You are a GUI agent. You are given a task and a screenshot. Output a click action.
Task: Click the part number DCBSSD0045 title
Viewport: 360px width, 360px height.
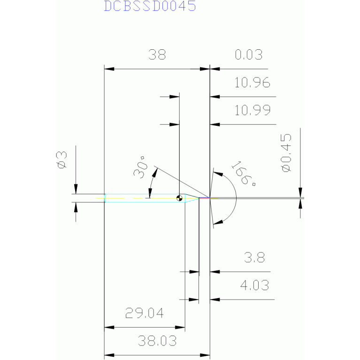point(150,6)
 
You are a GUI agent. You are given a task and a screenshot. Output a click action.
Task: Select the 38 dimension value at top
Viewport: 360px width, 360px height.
point(157,55)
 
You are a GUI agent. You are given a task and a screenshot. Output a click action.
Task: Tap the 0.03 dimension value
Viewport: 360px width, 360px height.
point(249,55)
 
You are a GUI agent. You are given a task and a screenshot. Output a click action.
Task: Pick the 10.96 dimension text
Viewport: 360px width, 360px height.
point(253,83)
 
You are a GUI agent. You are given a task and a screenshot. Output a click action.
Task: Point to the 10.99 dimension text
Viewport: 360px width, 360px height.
point(253,110)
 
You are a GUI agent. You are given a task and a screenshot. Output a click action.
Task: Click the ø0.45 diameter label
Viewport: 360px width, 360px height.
point(286,153)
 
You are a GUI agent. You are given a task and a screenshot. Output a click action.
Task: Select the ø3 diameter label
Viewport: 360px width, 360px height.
point(62,160)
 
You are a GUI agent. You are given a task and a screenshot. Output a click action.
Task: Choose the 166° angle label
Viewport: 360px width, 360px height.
point(244,174)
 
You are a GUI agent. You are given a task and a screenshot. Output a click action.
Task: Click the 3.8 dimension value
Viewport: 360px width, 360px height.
point(254,258)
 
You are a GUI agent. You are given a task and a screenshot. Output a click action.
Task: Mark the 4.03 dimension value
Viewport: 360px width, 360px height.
point(254,285)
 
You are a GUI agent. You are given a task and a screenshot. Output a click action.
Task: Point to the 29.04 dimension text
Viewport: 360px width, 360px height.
point(145,313)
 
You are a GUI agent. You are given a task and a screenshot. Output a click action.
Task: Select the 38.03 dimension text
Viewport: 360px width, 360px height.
point(157,341)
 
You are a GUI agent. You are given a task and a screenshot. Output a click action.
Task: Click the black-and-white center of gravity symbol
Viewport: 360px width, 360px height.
point(179,198)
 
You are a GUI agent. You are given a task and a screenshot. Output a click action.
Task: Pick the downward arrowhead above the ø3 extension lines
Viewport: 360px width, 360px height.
point(76,189)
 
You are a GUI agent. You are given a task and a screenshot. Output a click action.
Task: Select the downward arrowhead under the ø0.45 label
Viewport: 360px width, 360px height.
point(300,192)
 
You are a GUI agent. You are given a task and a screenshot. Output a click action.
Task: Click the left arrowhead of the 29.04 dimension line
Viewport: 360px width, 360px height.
point(109,328)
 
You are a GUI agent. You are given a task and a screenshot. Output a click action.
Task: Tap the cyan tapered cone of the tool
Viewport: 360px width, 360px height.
point(192,198)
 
